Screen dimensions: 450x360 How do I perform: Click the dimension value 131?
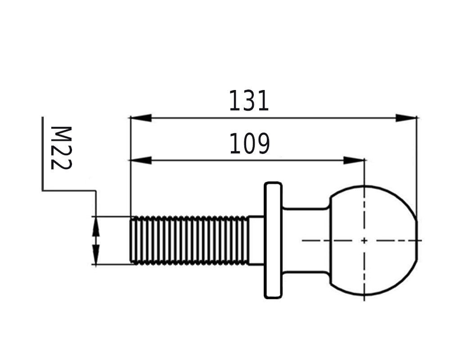249,101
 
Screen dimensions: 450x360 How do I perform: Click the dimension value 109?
250,143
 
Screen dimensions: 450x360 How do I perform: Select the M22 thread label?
61,148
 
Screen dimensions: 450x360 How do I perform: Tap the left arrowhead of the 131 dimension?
140,118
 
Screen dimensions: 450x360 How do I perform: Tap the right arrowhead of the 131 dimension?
406,118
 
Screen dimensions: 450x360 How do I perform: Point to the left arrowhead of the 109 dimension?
140,160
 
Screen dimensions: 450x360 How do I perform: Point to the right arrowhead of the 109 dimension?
354,160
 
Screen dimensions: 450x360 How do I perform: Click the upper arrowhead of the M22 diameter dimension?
96,226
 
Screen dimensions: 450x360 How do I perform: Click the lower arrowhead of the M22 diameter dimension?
96,255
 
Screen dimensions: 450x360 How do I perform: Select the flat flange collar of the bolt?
273,240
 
